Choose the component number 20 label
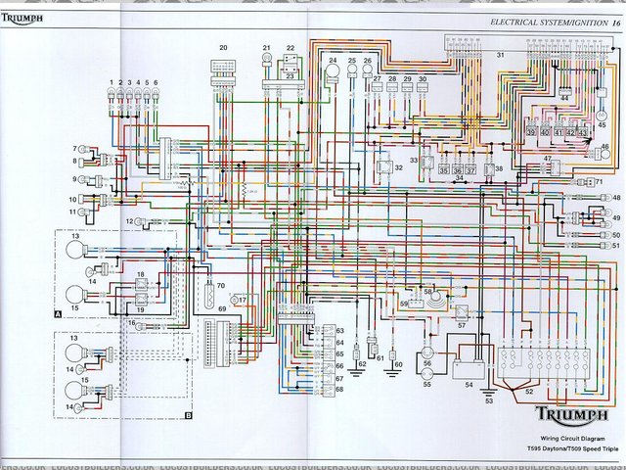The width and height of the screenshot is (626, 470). (223, 48)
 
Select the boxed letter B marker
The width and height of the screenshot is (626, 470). (187, 415)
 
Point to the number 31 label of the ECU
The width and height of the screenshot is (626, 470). (500, 55)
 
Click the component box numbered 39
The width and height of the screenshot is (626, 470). (532, 131)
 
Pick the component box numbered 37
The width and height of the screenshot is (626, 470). (471, 169)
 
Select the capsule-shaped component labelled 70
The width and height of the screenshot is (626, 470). (207, 294)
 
